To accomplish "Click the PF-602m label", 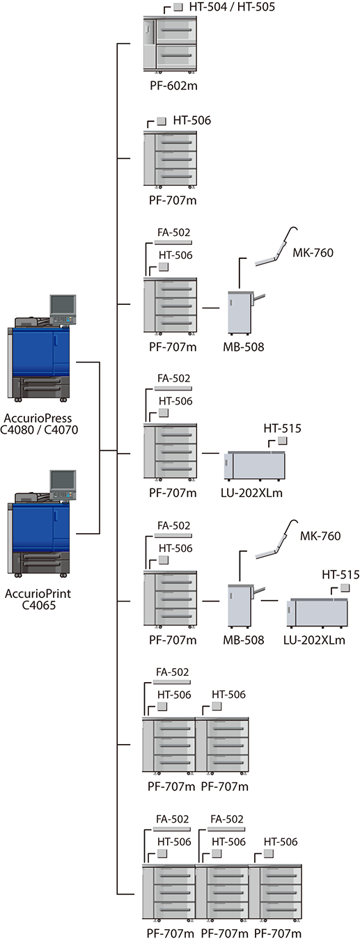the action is point(173,86).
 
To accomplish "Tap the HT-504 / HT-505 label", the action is point(232,7).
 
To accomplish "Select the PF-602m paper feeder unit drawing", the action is point(170,44).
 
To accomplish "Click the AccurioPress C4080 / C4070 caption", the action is point(39,424).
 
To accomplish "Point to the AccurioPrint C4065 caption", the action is point(38,599).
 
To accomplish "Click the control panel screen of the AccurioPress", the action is point(63,305).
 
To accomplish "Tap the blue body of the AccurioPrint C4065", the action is point(40,527).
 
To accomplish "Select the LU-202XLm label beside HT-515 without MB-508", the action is point(251,492).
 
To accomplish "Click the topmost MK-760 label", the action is point(313,253).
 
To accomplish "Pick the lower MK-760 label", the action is point(320,536).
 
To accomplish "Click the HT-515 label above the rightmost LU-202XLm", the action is point(341,574).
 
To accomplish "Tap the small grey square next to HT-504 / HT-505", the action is point(178,7).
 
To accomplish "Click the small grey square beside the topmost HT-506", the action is point(162,121).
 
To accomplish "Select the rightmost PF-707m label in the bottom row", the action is point(278,933).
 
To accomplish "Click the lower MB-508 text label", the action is point(244,640).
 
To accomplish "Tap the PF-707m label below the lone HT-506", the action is point(173,200).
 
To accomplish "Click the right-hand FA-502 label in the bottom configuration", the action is point(227,819).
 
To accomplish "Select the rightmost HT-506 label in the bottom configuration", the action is point(281,842).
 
